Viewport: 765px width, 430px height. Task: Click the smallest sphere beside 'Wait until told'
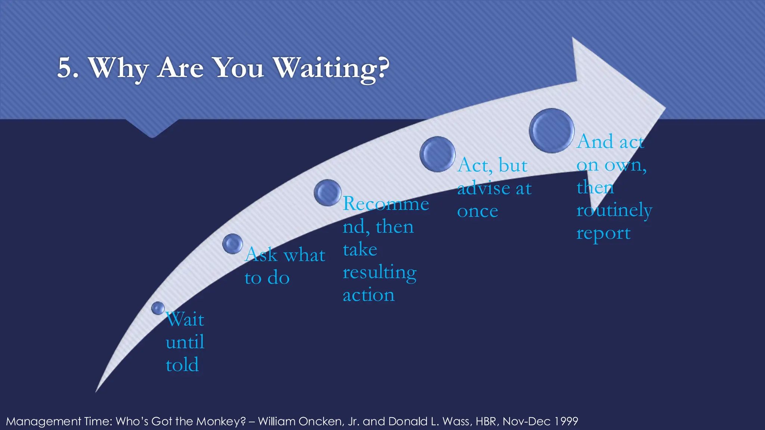click(158, 308)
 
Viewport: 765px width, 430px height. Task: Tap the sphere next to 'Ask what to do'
click(232, 244)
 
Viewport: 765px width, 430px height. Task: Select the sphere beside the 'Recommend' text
click(328, 193)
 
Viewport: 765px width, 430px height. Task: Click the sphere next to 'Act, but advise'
click(437, 154)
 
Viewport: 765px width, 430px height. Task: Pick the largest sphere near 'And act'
click(552, 131)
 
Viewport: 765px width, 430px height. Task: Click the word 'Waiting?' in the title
click(331, 68)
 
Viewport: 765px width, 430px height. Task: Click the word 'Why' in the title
click(118, 68)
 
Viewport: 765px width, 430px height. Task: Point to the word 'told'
click(182, 365)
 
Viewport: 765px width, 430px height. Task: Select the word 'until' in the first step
click(185, 342)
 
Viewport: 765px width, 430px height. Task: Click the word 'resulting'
click(380, 272)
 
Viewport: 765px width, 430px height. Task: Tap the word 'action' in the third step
click(369, 295)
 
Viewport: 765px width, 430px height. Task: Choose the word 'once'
click(477, 212)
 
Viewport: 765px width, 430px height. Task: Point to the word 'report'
click(603, 234)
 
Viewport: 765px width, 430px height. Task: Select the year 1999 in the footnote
click(566, 421)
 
